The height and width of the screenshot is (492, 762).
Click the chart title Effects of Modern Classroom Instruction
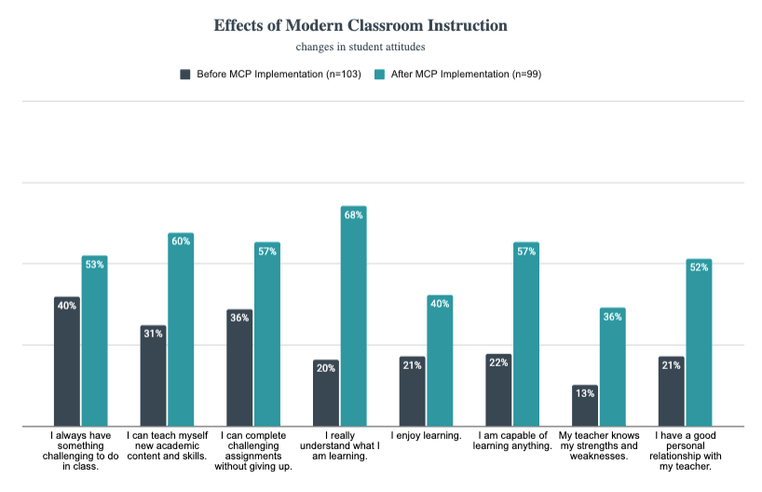tap(361, 25)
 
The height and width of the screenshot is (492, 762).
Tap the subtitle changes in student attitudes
tap(361, 46)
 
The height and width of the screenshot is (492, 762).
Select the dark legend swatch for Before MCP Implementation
tap(185, 75)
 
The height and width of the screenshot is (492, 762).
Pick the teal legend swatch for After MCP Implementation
tap(379, 75)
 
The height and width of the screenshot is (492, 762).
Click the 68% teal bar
tap(353, 317)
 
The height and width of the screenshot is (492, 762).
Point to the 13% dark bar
tap(585, 406)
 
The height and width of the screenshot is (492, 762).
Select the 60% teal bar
tap(181, 331)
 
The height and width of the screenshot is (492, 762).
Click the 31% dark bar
tap(154, 376)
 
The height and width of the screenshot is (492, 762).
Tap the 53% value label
tap(94, 265)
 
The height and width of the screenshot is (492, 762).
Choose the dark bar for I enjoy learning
tap(413, 391)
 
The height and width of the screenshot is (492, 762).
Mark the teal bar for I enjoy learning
tap(440, 362)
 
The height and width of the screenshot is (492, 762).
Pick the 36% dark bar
tap(239, 368)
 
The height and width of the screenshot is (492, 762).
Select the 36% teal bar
tap(612, 368)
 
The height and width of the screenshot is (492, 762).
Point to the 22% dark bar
tap(498, 390)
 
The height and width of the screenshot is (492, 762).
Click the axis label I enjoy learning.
tap(426, 436)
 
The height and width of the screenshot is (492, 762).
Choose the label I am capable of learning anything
tap(512, 442)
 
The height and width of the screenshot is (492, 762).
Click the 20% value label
tap(326, 368)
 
